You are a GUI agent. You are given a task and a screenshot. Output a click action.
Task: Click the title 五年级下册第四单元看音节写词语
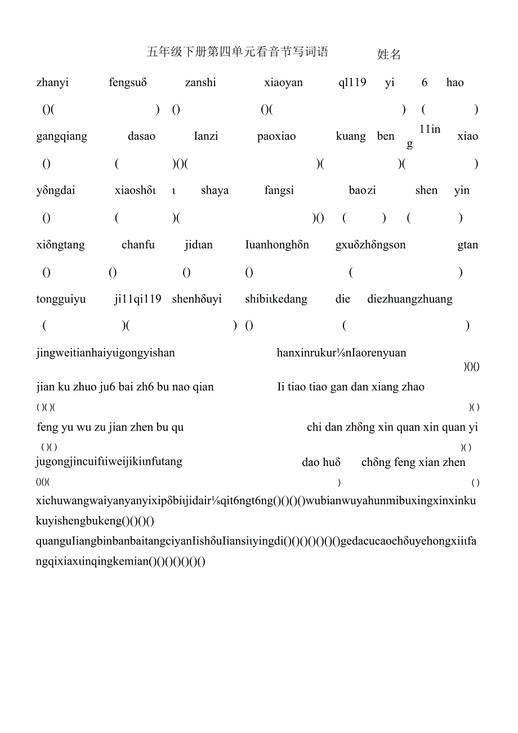coord(237,52)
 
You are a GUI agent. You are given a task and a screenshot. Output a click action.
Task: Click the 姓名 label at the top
coord(389,55)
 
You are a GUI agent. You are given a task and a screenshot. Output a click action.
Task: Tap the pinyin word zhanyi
coord(52,83)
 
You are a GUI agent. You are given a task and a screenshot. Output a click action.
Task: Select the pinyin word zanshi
coord(200,83)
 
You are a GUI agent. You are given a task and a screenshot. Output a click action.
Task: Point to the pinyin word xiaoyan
coord(283,83)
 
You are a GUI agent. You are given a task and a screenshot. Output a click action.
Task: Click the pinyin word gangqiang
coord(61,137)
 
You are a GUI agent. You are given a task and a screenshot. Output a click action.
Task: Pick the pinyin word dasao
coord(141,136)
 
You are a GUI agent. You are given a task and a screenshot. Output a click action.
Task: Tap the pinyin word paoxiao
coord(276,136)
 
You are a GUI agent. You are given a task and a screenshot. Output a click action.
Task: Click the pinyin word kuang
coord(351,136)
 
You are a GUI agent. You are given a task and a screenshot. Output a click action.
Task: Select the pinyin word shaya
coord(215,190)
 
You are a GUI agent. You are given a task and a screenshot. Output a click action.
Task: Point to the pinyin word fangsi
coord(279,190)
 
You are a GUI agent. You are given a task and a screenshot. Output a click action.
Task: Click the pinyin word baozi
coord(362,190)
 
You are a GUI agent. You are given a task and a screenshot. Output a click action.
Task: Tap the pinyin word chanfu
coord(138,245)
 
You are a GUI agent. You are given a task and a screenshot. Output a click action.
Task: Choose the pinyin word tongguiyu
coord(61,299)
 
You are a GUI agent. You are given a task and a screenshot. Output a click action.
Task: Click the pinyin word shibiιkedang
coord(276,299)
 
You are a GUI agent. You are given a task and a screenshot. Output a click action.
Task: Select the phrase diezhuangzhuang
coord(410,299)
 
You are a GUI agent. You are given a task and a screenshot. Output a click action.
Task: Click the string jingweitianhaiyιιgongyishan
coord(105,353)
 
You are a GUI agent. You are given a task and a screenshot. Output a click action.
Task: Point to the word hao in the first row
coord(455,83)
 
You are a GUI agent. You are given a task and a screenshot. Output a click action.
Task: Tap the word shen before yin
coord(426,190)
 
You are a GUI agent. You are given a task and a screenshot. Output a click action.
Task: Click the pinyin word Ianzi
coord(206,136)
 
